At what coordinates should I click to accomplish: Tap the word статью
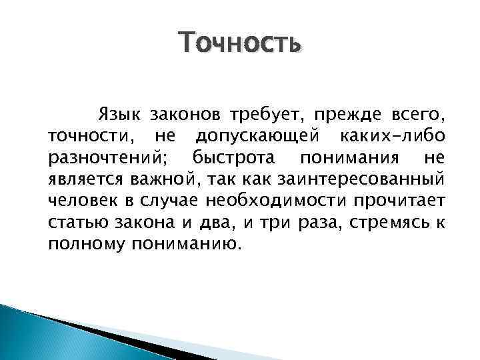point(73,223)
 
